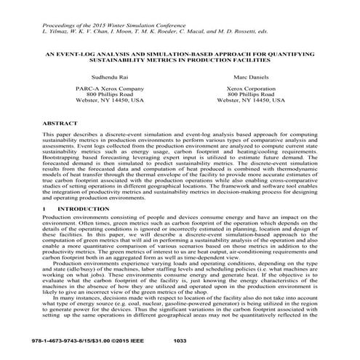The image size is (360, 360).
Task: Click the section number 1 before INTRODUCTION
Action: [x=44, y=207]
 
